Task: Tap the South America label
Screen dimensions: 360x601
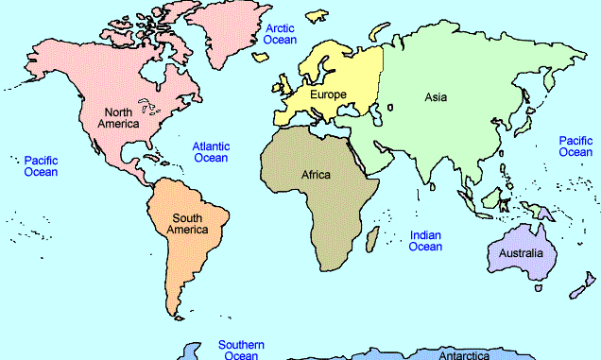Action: (x=186, y=224)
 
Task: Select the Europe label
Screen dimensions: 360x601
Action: (x=328, y=94)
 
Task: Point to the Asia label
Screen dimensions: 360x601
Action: (x=436, y=96)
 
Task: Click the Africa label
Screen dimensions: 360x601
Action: (x=316, y=175)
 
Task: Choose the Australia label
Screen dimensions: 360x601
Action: (x=521, y=253)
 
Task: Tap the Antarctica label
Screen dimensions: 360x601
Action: (x=463, y=355)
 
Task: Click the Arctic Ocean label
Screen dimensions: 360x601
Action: (x=280, y=34)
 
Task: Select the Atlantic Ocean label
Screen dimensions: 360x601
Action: (x=210, y=152)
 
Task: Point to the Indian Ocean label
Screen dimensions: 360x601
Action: (x=425, y=240)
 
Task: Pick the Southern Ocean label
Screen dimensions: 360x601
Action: (x=241, y=350)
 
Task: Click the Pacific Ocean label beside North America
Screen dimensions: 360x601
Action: (x=41, y=166)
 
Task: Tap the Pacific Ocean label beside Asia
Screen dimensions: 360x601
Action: (x=575, y=146)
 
